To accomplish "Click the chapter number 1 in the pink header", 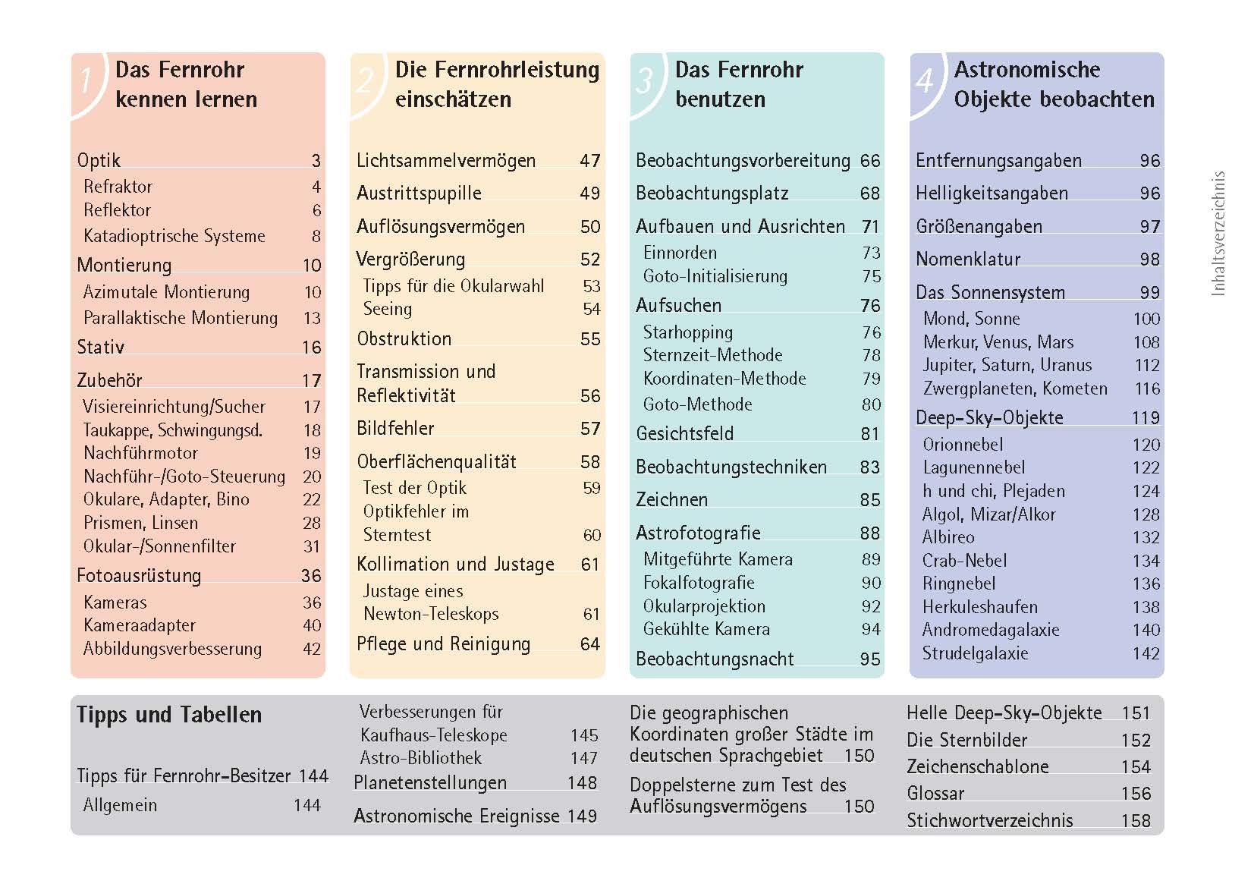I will click(86, 81).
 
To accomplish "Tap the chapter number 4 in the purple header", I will click(924, 80).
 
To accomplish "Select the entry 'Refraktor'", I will click(118, 187).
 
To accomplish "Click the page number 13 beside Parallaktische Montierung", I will click(312, 319).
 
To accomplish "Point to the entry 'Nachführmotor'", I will click(140, 454).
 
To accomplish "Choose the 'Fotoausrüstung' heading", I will click(139, 576).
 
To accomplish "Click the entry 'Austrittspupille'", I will click(419, 193).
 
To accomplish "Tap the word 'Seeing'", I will click(387, 310).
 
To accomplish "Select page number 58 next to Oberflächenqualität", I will click(589, 462).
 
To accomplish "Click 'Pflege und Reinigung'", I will click(443, 644).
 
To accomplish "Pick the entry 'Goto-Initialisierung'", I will click(715, 277).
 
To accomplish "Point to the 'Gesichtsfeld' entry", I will click(684, 434).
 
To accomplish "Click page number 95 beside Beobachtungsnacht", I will click(869, 659).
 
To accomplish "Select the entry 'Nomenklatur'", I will click(967, 260).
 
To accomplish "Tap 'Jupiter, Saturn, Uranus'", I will click(1007, 366).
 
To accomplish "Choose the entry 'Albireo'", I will click(948, 538).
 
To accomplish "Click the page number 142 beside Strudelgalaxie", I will click(1146, 654).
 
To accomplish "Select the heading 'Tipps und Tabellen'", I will click(168, 715).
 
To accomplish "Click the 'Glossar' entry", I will click(935, 794).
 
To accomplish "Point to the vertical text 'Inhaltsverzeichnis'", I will click(1218, 234).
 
